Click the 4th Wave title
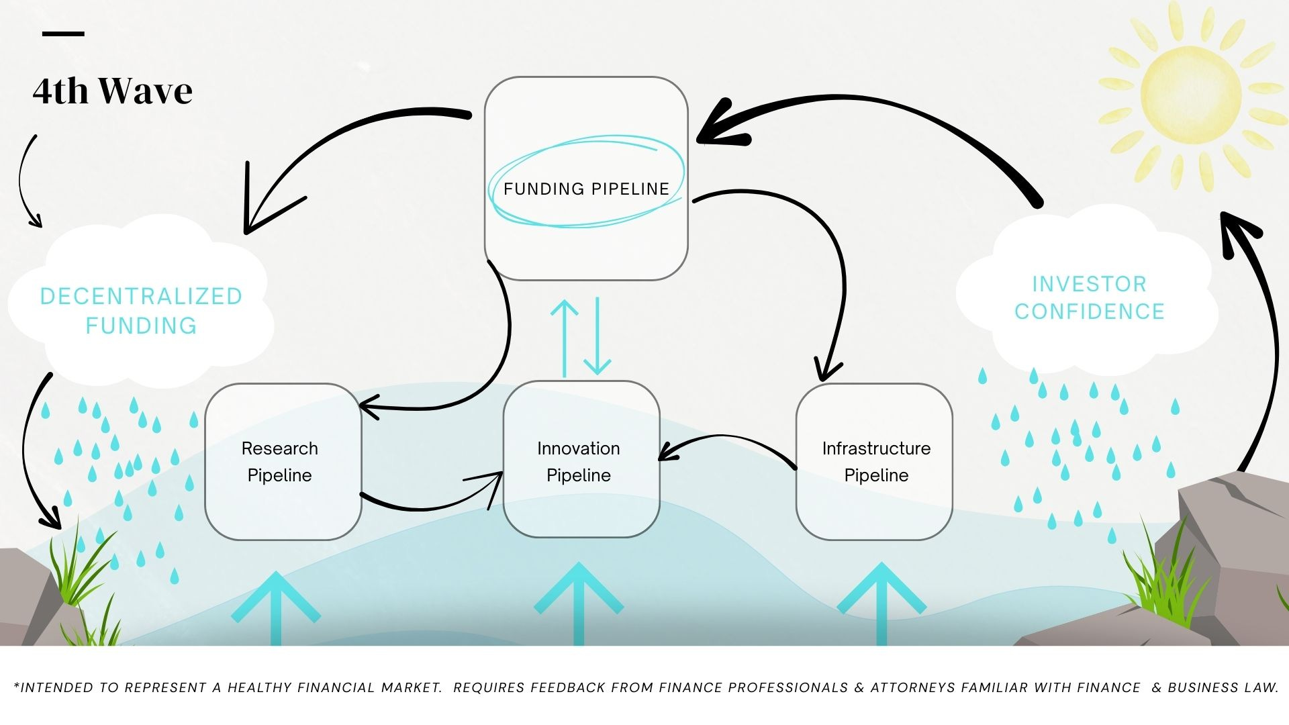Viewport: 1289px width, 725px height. tap(113, 91)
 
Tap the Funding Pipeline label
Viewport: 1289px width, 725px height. tap(586, 189)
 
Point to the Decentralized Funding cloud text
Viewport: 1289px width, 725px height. tap(141, 311)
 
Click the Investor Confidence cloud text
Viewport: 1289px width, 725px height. tap(1089, 298)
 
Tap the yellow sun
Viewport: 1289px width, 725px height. tap(1190, 95)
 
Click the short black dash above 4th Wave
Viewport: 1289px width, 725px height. tap(63, 34)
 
